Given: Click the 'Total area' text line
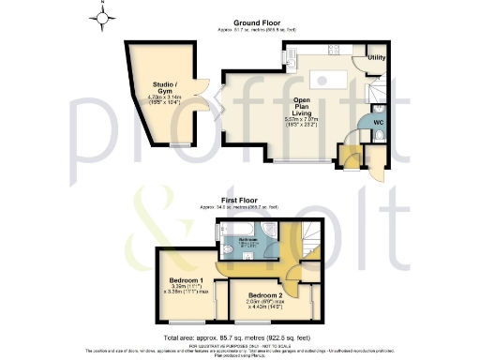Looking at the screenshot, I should (239, 335).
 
